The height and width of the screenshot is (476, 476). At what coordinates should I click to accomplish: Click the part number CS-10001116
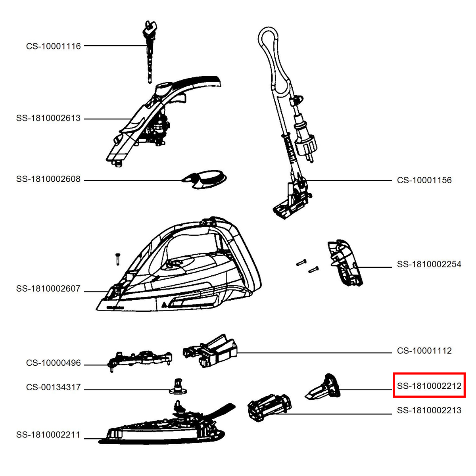[54, 46]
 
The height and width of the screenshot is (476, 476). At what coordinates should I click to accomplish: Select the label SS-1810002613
[48, 118]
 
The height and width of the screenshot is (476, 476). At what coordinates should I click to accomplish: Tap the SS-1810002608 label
[48, 179]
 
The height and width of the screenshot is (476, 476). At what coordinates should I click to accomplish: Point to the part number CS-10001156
[424, 180]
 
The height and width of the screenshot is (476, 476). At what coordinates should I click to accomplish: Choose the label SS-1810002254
[429, 264]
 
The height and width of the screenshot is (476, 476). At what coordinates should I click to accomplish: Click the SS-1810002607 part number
[48, 288]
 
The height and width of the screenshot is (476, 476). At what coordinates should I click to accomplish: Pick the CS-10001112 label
[424, 351]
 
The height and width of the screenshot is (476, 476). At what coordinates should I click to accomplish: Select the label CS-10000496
[54, 363]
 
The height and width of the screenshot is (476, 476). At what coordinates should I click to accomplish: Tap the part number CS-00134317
[54, 387]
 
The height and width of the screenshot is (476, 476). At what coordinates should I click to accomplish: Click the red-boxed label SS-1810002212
[429, 386]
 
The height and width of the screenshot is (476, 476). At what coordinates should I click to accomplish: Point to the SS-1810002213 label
[429, 410]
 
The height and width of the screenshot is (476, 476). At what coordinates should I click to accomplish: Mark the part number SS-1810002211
[48, 435]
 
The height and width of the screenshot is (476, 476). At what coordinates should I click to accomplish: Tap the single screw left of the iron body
[117, 259]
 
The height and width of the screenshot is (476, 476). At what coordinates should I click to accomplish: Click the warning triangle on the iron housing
[164, 304]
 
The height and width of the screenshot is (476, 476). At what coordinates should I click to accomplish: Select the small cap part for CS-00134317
[178, 386]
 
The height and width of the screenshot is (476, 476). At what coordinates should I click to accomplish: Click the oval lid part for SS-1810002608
[204, 179]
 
